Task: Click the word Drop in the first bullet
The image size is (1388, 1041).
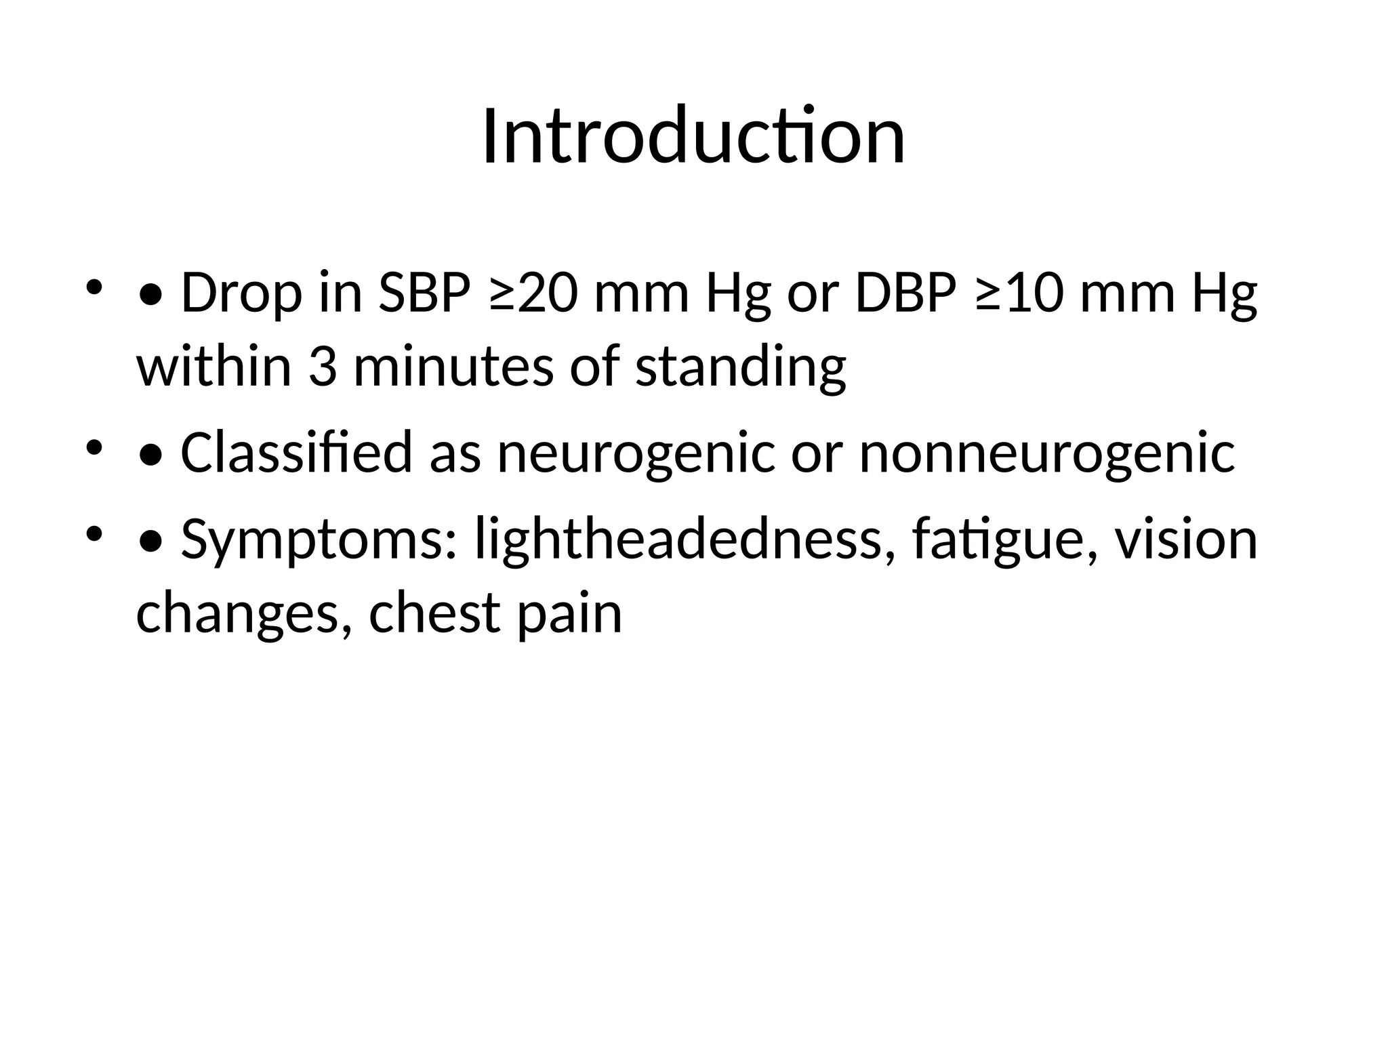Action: click(241, 293)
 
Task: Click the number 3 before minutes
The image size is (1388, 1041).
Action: click(323, 366)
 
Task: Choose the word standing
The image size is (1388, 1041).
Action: click(741, 367)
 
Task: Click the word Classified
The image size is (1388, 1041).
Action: click(296, 452)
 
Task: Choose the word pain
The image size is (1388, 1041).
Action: click(569, 613)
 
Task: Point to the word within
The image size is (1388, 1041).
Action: click(214, 366)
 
